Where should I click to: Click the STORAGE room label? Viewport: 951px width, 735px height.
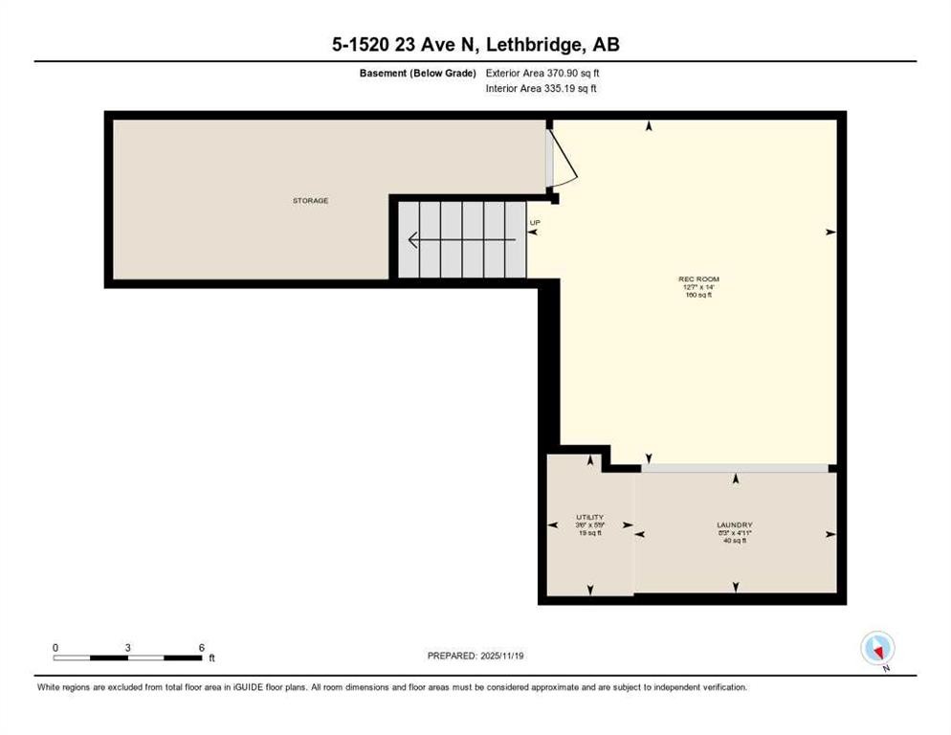pyautogui.click(x=310, y=201)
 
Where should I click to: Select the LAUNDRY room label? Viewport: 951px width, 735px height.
pyautogui.click(x=735, y=524)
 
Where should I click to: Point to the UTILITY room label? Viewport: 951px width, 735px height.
pyautogui.click(x=589, y=517)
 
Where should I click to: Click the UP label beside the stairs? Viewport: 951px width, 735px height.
pyautogui.click(x=535, y=223)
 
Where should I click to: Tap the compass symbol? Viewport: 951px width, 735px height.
pyautogui.click(x=877, y=648)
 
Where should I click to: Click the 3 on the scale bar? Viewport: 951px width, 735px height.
pyautogui.click(x=127, y=648)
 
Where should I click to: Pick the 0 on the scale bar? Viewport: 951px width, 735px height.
pyautogui.click(x=55, y=648)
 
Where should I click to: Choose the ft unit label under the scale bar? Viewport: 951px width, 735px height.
pyautogui.click(x=211, y=658)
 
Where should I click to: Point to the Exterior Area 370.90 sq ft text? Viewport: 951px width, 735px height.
pyautogui.click(x=542, y=72)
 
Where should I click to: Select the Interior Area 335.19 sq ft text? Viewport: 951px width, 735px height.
pyautogui.click(x=542, y=89)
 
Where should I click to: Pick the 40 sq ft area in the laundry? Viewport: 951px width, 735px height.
pyautogui.click(x=735, y=541)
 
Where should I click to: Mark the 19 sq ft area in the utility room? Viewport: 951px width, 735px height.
pyautogui.click(x=589, y=533)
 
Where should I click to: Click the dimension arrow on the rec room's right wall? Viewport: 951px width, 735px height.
pyautogui.click(x=829, y=232)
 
